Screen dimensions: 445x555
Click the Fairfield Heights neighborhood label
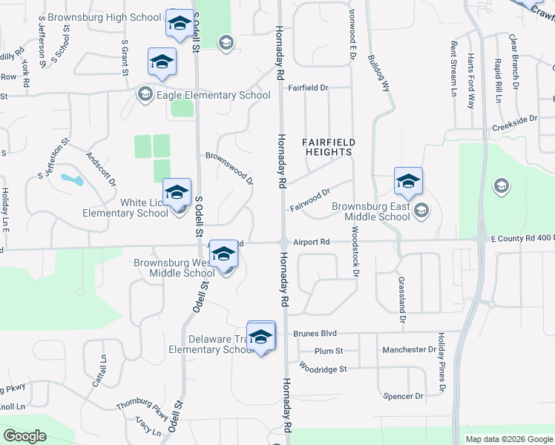coord(327,146)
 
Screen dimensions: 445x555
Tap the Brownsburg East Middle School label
coord(370,211)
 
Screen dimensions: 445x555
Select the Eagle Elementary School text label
coord(214,95)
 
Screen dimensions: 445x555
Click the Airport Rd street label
coord(311,242)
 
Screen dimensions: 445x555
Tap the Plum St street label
coord(328,351)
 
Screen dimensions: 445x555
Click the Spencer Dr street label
coord(403,396)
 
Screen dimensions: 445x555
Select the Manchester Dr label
coord(409,349)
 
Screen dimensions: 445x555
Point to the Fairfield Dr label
coord(308,88)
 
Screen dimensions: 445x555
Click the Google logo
coord(24,436)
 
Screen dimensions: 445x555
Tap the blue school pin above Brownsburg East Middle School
coord(408,180)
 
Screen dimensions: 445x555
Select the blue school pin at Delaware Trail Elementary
coord(260,337)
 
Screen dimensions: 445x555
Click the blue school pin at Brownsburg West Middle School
coord(223,254)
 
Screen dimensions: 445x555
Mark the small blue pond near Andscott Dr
coord(72,179)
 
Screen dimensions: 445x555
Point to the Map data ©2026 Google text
coord(508,439)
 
